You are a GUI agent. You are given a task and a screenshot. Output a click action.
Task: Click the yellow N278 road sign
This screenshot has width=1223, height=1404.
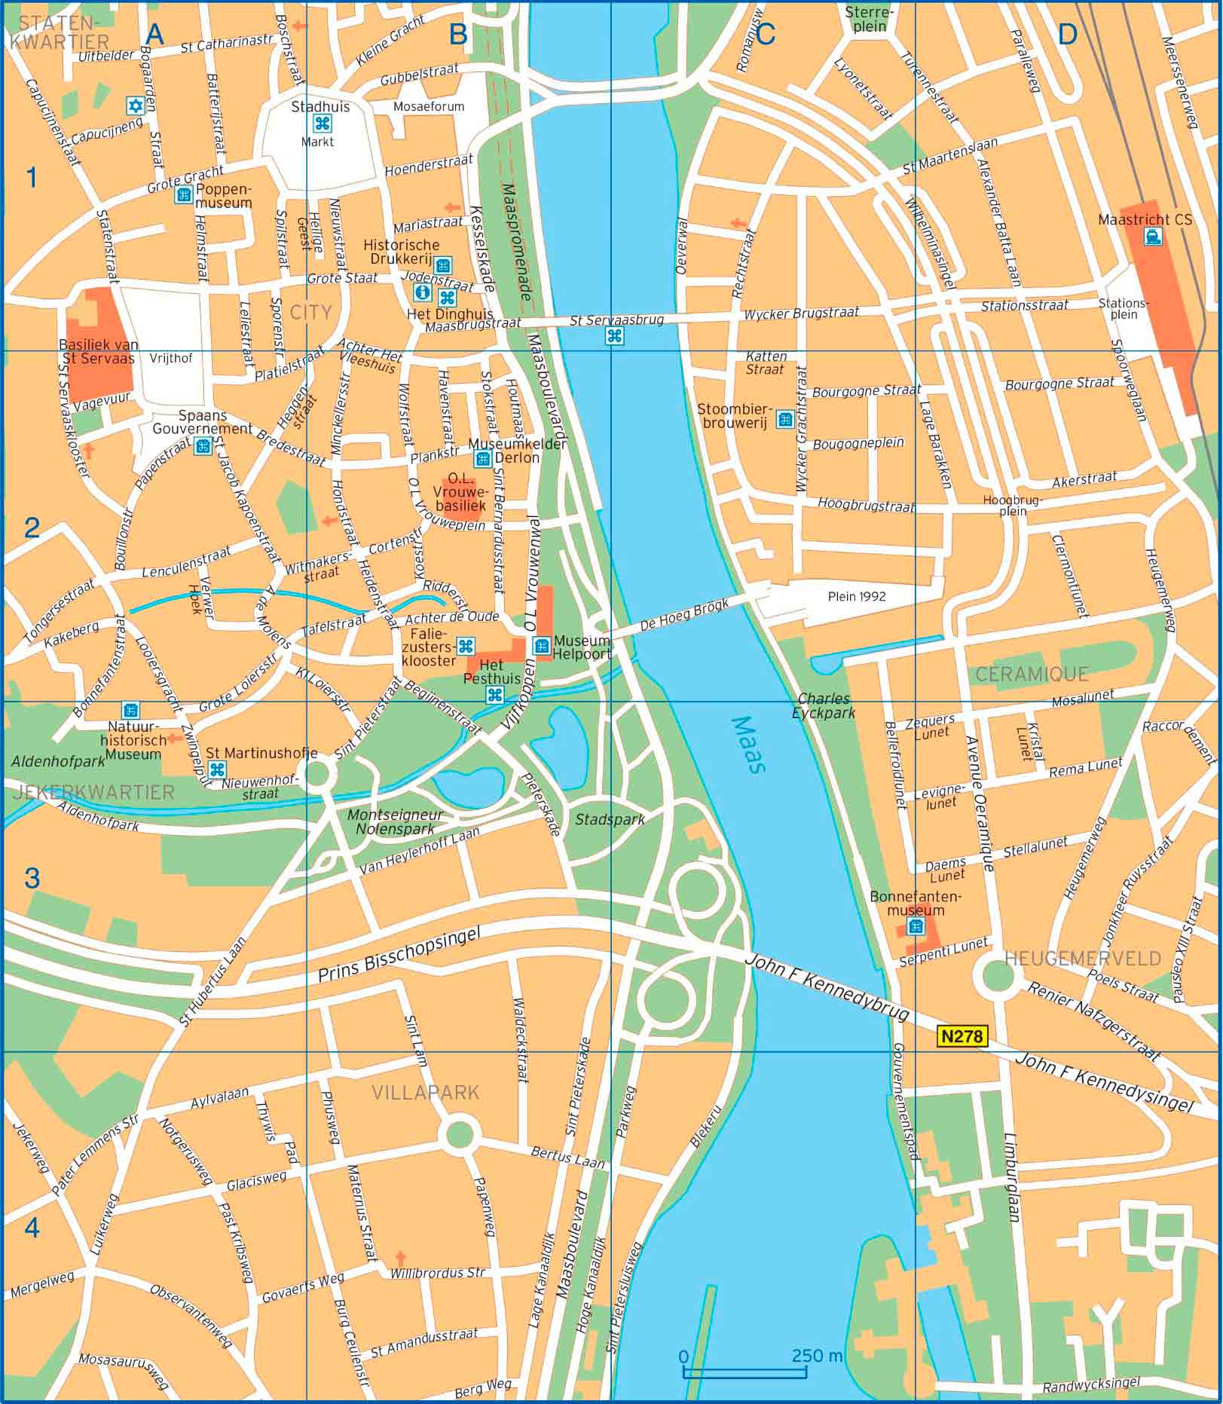tap(962, 1036)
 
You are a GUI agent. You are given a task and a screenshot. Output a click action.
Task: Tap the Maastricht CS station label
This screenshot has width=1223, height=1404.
tap(1145, 219)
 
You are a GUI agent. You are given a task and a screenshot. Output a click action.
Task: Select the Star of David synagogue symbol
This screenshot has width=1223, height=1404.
tap(136, 106)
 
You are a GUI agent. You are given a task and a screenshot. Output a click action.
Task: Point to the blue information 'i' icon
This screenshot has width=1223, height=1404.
tap(423, 291)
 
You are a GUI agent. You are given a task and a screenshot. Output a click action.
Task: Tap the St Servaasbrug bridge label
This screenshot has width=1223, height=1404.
tap(616, 320)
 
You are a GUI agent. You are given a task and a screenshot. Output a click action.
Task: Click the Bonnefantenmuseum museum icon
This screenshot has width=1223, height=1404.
tap(916, 925)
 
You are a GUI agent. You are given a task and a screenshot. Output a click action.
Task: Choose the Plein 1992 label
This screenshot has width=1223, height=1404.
tap(857, 596)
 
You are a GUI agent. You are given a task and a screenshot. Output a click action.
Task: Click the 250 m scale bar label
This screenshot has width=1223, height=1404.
tap(817, 1356)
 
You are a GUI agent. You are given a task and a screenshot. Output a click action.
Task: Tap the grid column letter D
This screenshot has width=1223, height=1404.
tap(1067, 35)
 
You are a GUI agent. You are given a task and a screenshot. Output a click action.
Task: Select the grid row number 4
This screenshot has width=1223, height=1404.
tap(31, 1227)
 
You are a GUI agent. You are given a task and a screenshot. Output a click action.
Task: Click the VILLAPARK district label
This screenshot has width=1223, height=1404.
tap(425, 1092)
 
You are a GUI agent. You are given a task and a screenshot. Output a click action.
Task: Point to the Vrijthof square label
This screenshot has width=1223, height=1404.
tap(171, 359)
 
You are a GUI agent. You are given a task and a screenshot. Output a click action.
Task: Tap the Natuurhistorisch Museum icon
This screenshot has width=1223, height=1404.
tap(131, 710)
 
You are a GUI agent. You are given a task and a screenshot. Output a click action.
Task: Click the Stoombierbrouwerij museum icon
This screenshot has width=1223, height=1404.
tap(785, 419)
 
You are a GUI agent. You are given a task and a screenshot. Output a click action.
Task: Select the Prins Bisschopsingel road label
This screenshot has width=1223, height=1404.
tap(399, 955)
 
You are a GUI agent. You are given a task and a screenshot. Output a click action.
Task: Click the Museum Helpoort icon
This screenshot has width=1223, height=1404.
tap(541, 645)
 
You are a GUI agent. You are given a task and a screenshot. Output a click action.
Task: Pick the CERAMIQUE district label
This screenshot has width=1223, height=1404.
tap(1032, 674)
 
